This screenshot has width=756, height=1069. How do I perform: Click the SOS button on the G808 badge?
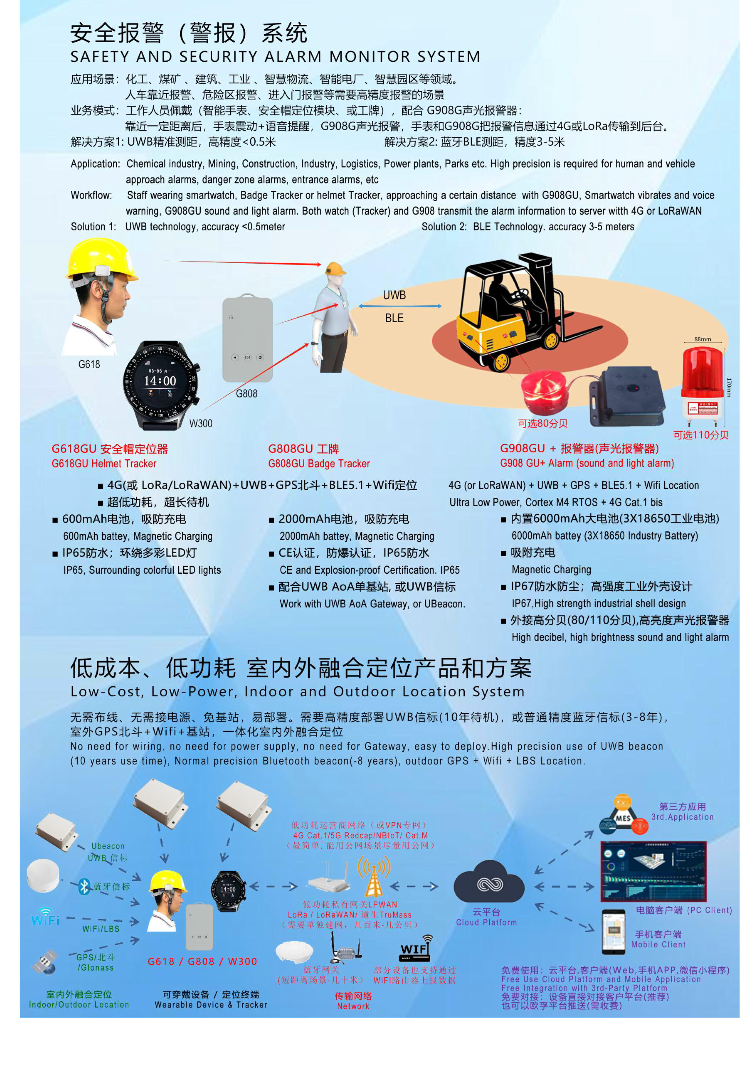click(x=247, y=357)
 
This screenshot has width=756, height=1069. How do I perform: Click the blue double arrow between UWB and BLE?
click(x=400, y=306)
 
